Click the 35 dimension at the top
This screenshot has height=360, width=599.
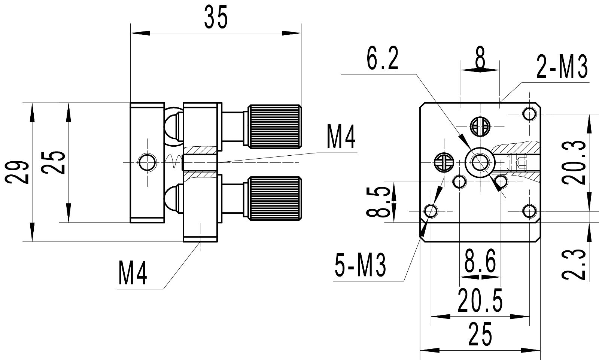[216, 17]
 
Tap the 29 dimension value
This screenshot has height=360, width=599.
[17, 173]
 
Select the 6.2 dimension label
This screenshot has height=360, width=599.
[382, 58]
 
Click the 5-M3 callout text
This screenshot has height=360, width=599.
[360, 265]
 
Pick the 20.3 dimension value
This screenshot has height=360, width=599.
[574, 162]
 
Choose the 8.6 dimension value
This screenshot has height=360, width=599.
[480, 260]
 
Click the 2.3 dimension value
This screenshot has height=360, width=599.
[574, 264]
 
